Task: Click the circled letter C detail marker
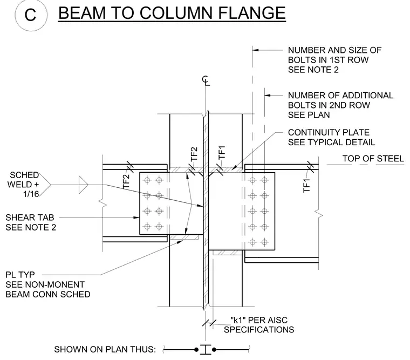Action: tap(31, 15)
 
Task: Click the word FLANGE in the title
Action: tap(251, 13)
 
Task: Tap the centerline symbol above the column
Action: tap(206, 80)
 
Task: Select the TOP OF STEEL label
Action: tap(373, 159)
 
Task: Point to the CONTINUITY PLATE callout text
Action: tap(329, 132)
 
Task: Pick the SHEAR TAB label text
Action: tap(30, 218)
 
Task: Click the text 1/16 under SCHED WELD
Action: tap(31, 194)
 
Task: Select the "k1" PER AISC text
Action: tap(259, 320)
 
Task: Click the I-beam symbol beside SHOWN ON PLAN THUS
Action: tap(206, 350)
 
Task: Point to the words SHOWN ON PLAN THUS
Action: tap(105, 350)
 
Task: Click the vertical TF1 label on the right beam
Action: tap(306, 185)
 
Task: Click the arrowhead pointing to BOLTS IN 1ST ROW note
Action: tap(256, 50)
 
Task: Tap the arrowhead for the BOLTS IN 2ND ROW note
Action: tap(268, 95)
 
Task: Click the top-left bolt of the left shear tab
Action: tap(147, 180)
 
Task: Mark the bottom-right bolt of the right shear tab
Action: tap(265, 242)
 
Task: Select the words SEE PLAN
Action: tap(309, 115)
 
